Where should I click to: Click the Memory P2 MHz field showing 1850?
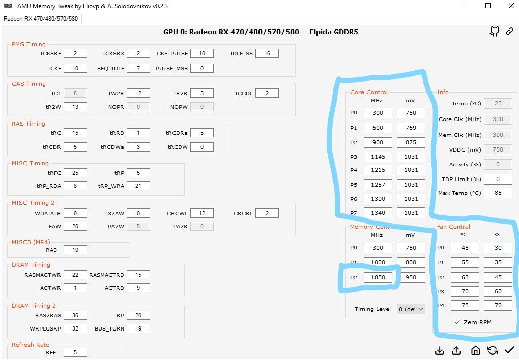click(x=378, y=277)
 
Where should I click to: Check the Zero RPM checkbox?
click(x=457, y=322)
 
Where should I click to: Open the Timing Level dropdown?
click(x=411, y=309)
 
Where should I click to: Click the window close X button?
click(x=510, y=6)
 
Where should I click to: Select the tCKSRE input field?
click(x=75, y=53)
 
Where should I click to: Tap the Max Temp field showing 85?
click(x=498, y=193)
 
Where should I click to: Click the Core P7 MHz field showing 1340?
click(x=378, y=213)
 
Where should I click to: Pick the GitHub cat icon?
click(x=494, y=32)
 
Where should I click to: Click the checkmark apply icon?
click(x=509, y=350)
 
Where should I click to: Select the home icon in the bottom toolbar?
click(x=475, y=350)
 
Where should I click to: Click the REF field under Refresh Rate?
click(x=75, y=352)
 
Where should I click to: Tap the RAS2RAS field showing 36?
click(x=75, y=315)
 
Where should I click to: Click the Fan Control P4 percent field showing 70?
click(x=498, y=306)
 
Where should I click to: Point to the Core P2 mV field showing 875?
click(x=411, y=142)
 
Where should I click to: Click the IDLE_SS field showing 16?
click(x=267, y=53)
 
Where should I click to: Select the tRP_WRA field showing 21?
click(x=138, y=186)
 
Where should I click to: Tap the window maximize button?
click(x=488, y=6)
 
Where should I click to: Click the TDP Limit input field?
click(x=498, y=179)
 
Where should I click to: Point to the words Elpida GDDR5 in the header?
click(x=333, y=32)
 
